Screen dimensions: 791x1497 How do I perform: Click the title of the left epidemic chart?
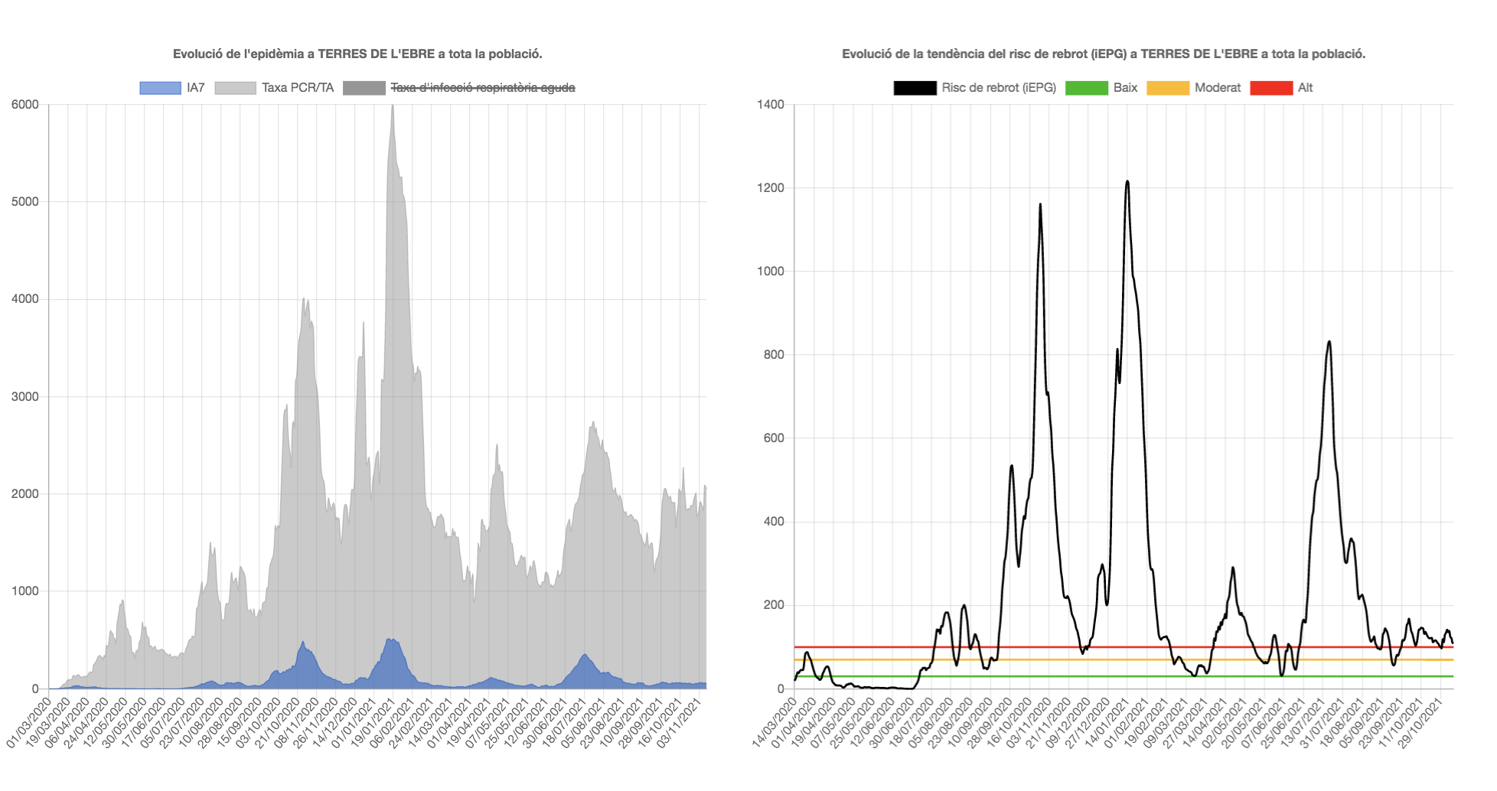point(357,54)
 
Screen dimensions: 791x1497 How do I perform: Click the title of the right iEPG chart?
point(1104,54)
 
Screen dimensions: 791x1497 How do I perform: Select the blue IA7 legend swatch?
point(160,88)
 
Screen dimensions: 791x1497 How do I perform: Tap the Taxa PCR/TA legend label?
point(298,88)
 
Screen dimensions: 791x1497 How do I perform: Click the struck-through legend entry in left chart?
point(482,88)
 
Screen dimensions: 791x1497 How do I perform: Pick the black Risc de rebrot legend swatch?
point(915,88)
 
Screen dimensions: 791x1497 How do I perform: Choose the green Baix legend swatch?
point(1086,88)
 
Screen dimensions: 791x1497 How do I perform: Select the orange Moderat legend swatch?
point(1167,88)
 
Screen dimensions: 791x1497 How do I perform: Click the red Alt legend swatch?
point(1270,88)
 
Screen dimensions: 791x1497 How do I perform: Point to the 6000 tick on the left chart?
point(25,105)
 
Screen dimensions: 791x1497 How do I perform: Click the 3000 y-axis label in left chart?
point(25,397)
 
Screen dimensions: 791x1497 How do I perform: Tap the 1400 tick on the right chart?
point(771,105)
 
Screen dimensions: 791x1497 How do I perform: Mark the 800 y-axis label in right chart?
point(774,355)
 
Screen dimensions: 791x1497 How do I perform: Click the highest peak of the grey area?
point(393,107)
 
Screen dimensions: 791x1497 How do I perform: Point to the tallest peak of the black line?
point(1127,182)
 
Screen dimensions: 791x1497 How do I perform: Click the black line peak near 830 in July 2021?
point(1329,342)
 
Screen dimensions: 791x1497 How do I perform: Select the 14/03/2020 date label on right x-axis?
point(775,723)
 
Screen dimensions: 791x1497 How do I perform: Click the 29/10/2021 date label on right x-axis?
point(1423,723)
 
